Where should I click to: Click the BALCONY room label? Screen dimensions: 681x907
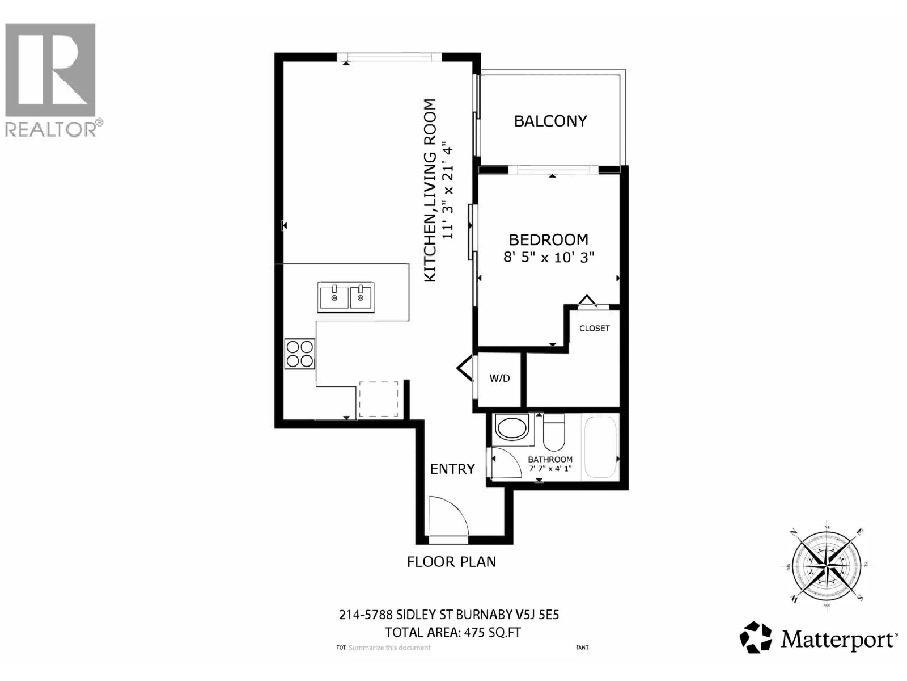[550, 121]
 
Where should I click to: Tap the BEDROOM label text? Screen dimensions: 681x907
[548, 239]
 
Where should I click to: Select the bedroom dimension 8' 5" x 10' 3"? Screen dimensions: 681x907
[548, 257]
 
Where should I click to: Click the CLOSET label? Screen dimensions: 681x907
[594, 329]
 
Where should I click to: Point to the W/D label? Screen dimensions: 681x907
[499, 379]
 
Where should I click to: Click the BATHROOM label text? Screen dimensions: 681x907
[550, 459]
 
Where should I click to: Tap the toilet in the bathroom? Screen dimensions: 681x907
[554, 433]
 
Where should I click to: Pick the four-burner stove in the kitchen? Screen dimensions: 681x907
[300, 354]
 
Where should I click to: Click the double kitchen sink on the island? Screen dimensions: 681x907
[345, 297]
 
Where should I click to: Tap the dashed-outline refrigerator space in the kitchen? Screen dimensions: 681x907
[378, 399]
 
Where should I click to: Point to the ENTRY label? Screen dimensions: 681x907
[452, 469]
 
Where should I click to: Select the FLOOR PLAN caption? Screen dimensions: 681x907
[451, 562]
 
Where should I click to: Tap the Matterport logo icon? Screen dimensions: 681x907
[756, 638]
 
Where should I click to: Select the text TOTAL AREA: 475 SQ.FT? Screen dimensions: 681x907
[452, 632]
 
